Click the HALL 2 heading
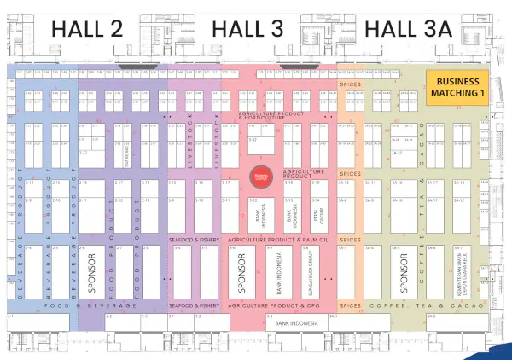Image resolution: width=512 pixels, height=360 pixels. click(87, 28)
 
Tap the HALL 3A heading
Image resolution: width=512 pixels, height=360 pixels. click(407, 28)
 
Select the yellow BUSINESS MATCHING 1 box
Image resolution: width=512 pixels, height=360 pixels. click(457, 87)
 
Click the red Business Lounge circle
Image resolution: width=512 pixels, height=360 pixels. click(258, 176)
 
